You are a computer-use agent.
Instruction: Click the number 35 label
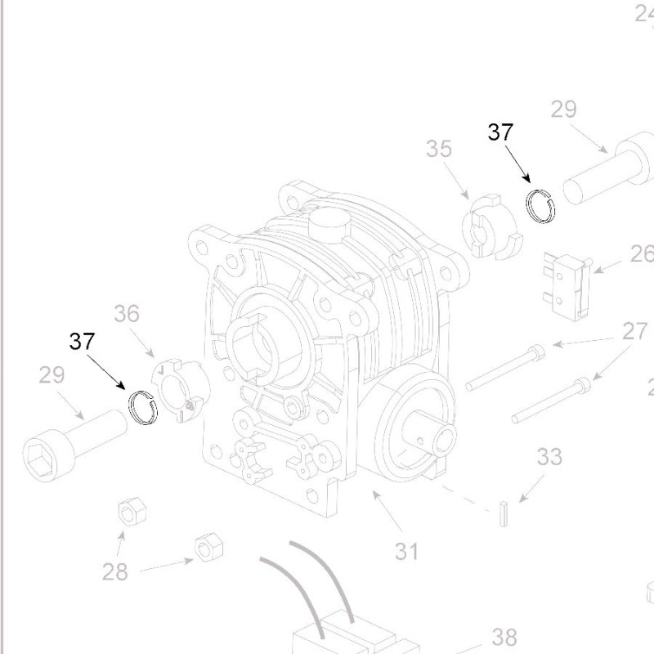[x=439, y=150]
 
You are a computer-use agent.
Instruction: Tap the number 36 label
[x=127, y=314]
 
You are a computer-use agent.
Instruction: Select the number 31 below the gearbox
[x=406, y=551]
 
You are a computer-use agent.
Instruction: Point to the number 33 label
[x=549, y=456]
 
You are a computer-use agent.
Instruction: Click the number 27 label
[x=634, y=331]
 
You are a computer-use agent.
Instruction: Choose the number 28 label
[x=115, y=571]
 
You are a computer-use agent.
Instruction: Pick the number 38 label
[x=504, y=637]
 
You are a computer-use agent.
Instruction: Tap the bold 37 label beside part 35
[x=500, y=132]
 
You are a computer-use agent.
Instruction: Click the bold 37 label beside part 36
[x=82, y=341]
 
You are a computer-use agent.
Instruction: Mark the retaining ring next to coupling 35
[x=540, y=205]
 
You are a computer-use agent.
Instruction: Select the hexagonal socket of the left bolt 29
[x=40, y=455]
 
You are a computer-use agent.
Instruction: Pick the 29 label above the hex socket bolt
[x=52, y=375]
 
